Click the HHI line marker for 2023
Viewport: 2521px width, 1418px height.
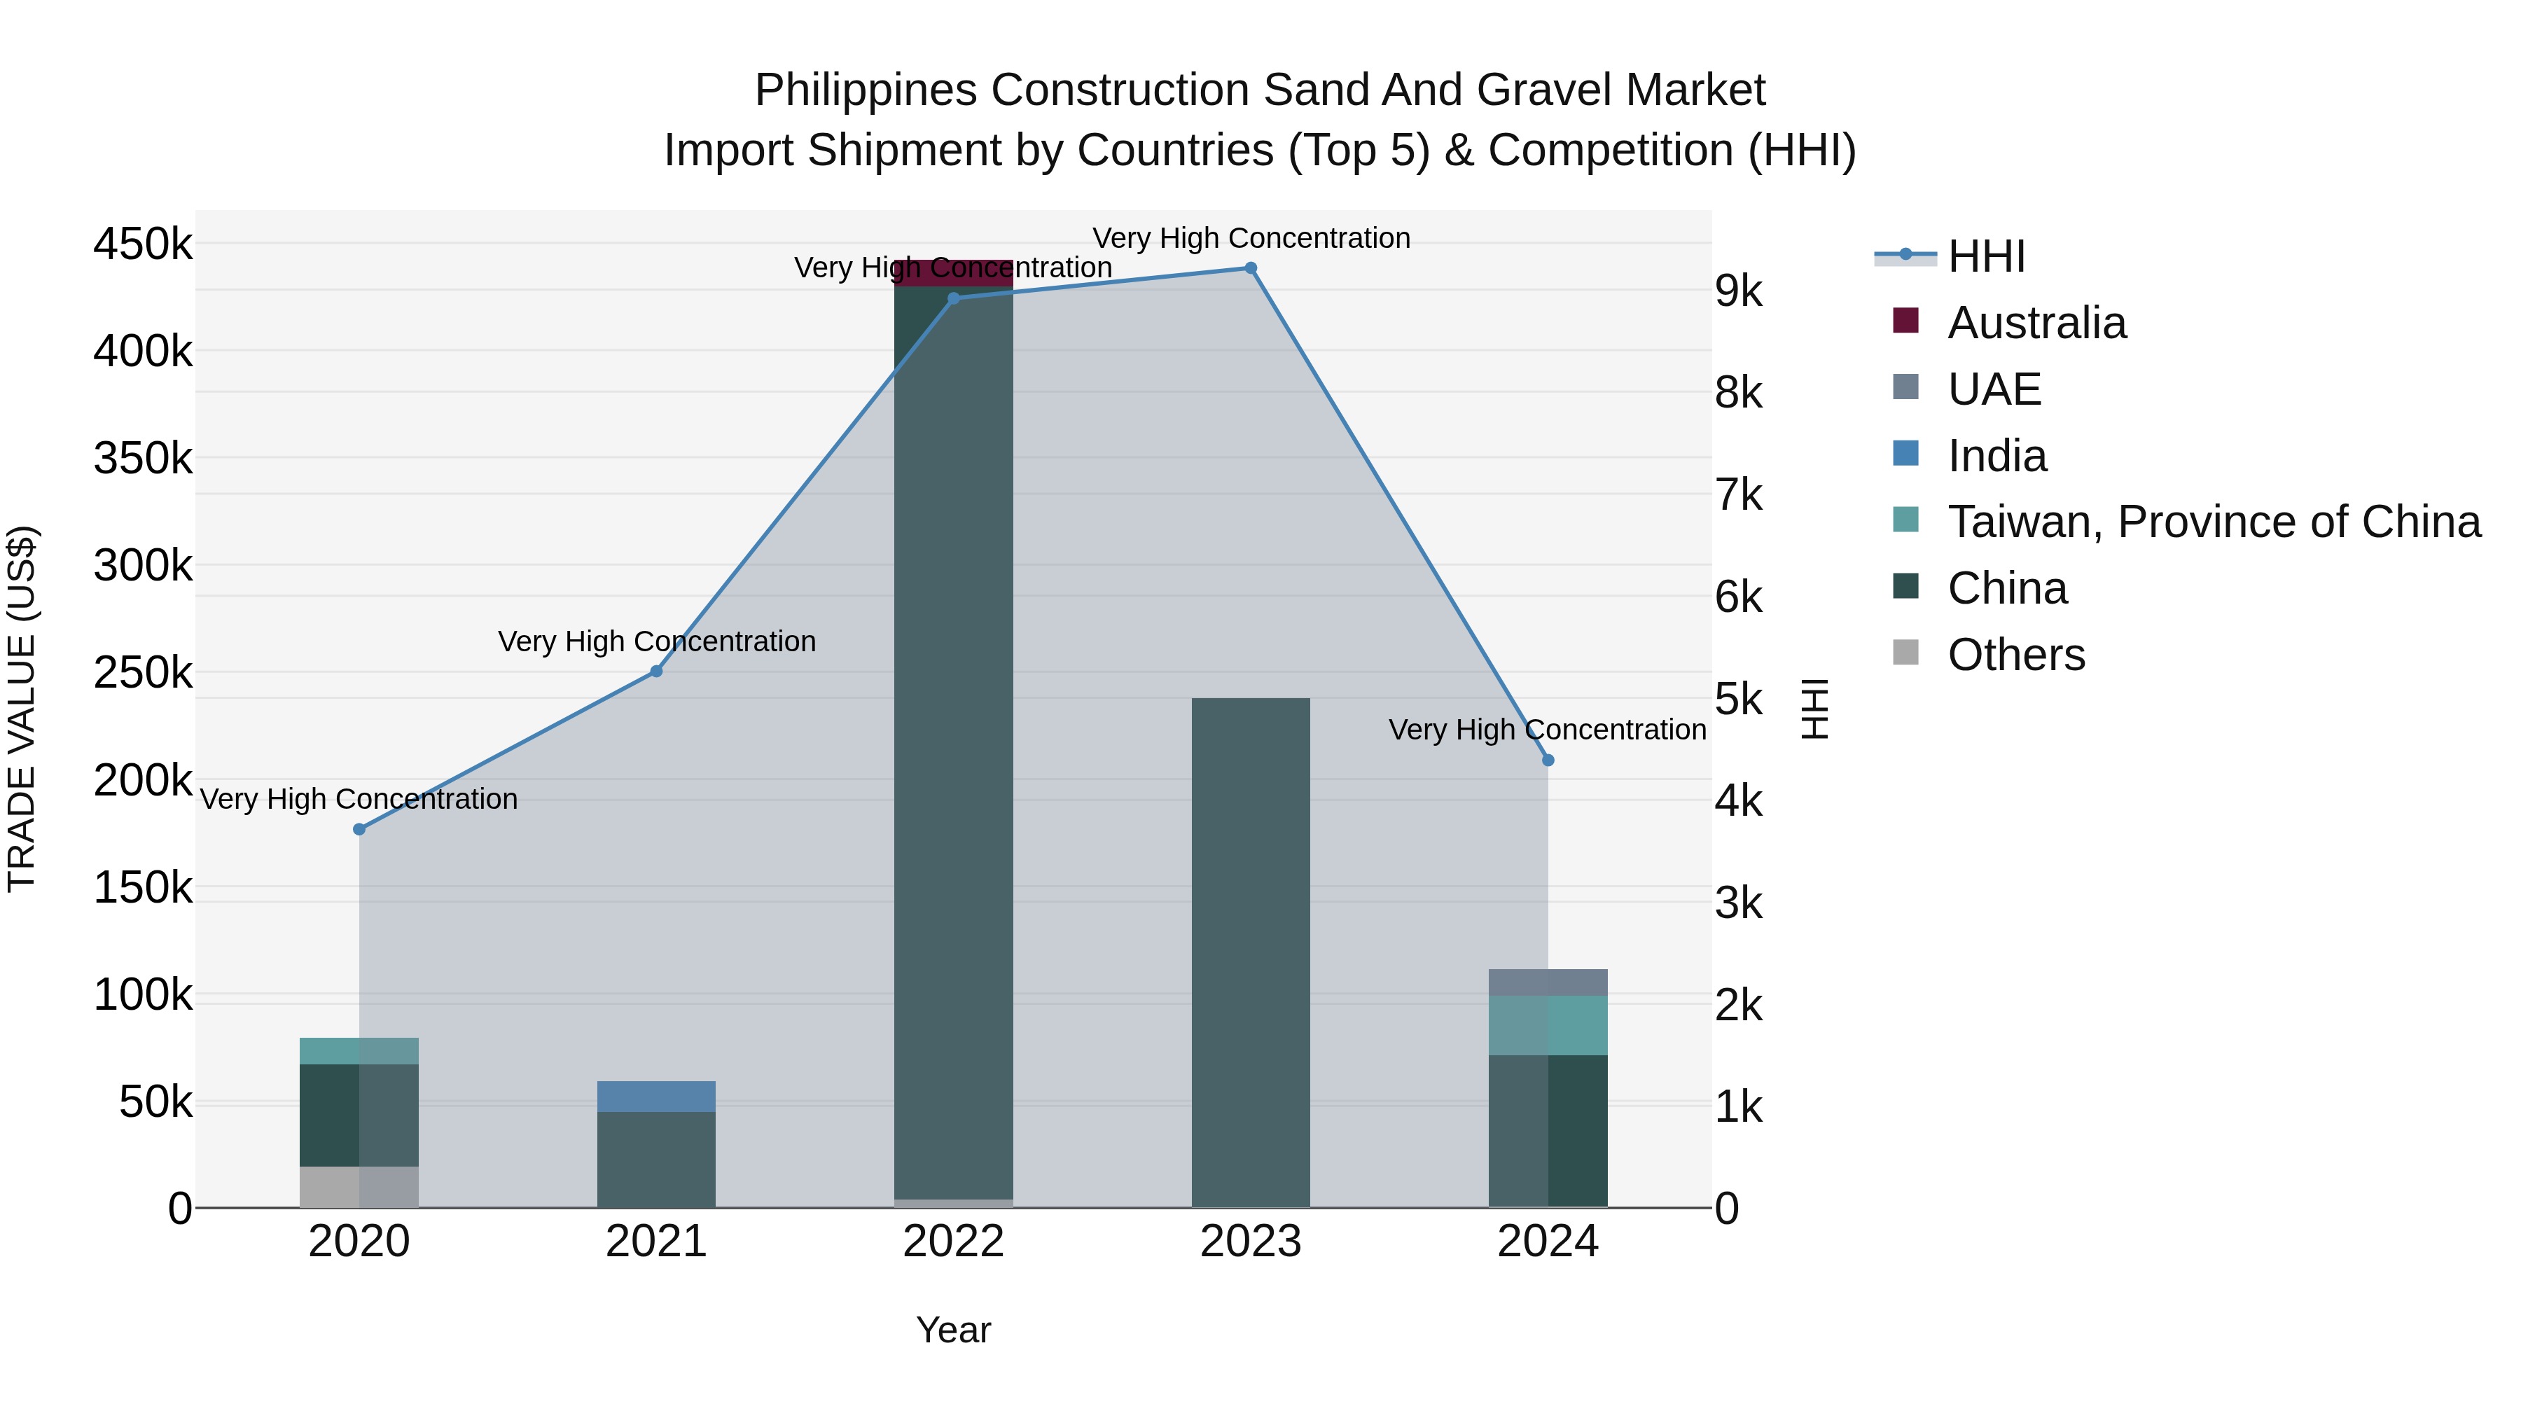[1251, 268]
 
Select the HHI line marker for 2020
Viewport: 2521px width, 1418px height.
[359, 830]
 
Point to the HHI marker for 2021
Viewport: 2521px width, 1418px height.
[657, 672]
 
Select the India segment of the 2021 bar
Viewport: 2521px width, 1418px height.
[657, 1096]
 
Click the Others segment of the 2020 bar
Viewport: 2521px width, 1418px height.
[359, 1186]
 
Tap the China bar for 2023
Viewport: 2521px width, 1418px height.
[1251, 950]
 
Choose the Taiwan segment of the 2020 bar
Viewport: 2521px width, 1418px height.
[359, 1051]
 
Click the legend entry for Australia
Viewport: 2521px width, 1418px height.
[2036, 323]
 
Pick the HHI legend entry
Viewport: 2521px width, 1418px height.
[1986, 256]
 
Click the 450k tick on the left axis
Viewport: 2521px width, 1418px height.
[143, 244]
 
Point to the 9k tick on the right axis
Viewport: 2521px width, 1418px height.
[1738, 291]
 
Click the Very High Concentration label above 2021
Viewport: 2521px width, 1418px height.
[657, 642]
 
